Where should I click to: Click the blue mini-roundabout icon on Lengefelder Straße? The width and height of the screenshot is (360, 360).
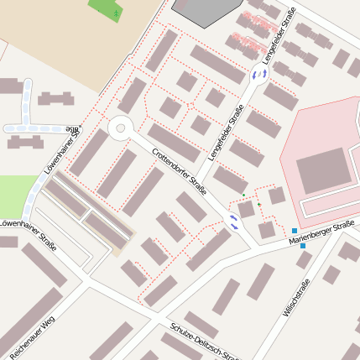pos(258,75)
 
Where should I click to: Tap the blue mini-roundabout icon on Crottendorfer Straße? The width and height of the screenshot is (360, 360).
pos(233,222)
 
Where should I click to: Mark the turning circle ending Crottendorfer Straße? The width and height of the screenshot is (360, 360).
pos(120,128)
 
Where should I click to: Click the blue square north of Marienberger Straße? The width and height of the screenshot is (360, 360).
pos(295,231)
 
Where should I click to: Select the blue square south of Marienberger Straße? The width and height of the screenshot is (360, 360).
pos(302,246)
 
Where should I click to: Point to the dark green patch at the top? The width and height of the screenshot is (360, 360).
pos(106,9)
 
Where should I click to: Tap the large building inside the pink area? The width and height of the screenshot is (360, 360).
pos(323,170)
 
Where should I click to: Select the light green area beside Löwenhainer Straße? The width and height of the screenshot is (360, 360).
pos(15,193)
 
